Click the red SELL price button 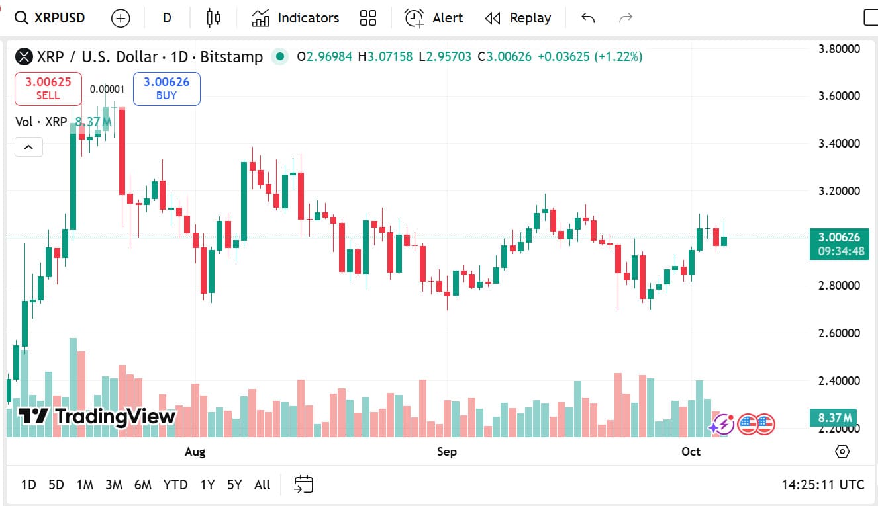48,89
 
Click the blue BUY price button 166,89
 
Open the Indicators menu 295,18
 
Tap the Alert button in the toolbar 434,18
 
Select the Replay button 518,18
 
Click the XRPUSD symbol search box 50,18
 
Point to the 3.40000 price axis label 839,144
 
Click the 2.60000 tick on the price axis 839,333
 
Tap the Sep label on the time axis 446,452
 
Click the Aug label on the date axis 195,452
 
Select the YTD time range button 175,485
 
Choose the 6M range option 142,485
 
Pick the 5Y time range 234,485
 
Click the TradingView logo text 115,416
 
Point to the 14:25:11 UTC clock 822,485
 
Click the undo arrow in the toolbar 587,18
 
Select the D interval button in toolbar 167,18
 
